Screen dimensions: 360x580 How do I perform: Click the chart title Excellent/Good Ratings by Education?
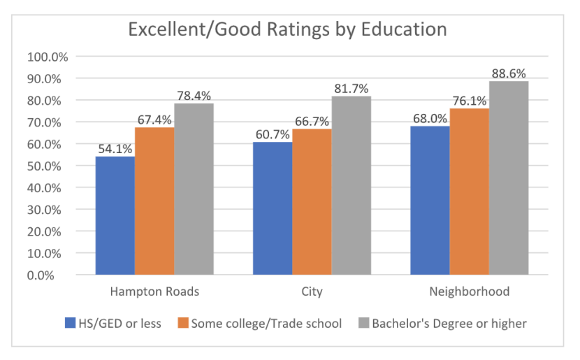(x=287, y=30)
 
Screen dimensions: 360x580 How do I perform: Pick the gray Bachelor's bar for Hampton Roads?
(x=194, y=189)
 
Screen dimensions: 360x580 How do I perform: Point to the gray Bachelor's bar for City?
(x=351, y=185)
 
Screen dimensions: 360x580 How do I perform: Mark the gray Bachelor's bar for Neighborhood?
(x=509, y=178)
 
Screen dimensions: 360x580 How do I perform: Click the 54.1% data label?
(x=115, y=148)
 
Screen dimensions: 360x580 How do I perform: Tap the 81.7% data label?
(x=351, y=88)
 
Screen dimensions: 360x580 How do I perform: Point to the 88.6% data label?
(x=509, y=73)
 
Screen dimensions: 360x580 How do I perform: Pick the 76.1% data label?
(x=470, y=100)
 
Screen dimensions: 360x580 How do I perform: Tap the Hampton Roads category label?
(x=154, y=291)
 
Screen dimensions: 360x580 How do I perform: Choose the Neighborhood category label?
(x=469, y=291)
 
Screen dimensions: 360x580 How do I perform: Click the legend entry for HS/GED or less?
(x=113, y=323)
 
